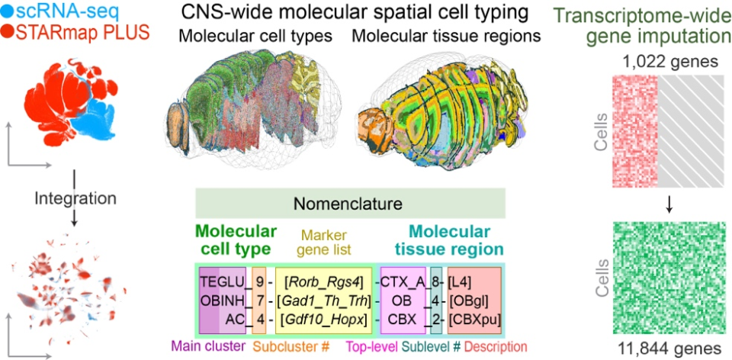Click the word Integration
[x=75, y=198]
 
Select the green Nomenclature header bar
[x=351, y=204]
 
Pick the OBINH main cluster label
[x=223, y=301]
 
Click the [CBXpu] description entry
[x=474, y=320]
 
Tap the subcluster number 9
[x=259, y=281]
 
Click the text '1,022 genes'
[x=669, y=61]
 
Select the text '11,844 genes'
[x=669, y=347]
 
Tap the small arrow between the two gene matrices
[x=669, y=204]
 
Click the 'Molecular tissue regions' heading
[x=447, y=36]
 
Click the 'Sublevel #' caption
[x=432, y=346]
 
